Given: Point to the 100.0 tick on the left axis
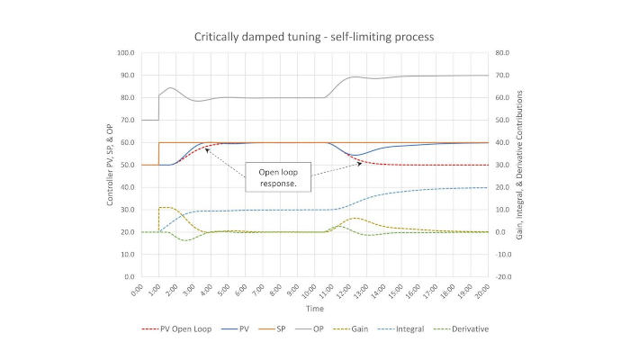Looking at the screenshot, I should pos(125,53).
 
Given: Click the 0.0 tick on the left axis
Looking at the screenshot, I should pos(128,277).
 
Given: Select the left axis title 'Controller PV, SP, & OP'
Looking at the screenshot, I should pos(111,165).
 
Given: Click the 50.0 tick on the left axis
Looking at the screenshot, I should pos(126,165).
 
